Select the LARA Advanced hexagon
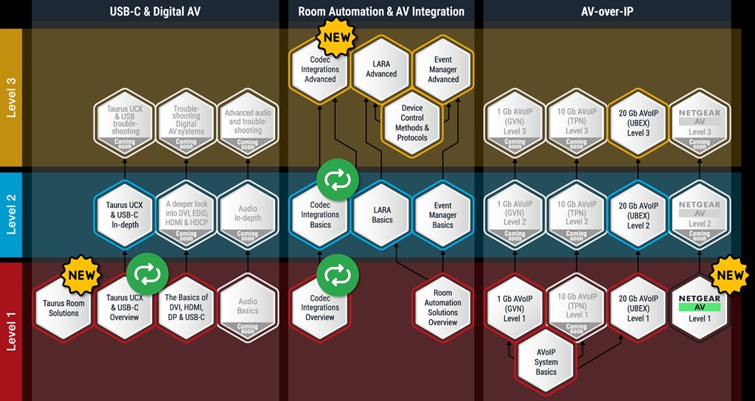(381, 70)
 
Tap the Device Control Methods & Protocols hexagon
(412, 122)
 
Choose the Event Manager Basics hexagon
(442, 215)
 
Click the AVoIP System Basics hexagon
(546, 362)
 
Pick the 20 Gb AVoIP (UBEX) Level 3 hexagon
(639, 122)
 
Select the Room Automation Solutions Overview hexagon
(442, 308)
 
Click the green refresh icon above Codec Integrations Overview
(338, 275)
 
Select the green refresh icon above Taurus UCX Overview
(146, 274)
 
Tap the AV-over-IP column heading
(608, 11)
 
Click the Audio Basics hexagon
(248, 308)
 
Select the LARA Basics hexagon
(381, 215)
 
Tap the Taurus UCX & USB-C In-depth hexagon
(124, 215)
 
